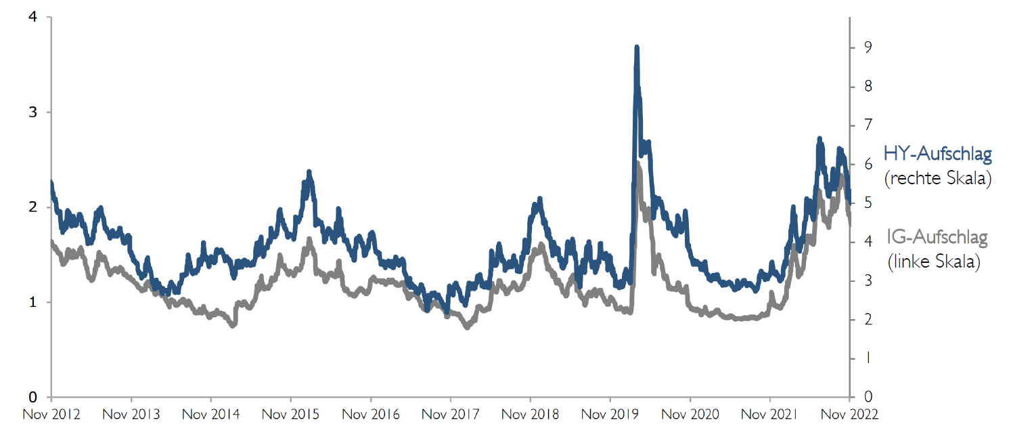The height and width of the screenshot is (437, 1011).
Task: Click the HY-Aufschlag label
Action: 937,154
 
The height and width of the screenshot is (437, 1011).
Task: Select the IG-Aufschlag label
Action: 937,238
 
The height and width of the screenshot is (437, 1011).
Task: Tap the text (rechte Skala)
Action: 937,179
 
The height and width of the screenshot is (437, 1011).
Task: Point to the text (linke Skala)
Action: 934,262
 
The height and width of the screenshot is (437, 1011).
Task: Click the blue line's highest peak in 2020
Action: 637,47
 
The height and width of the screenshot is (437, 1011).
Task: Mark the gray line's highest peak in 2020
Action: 638,163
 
